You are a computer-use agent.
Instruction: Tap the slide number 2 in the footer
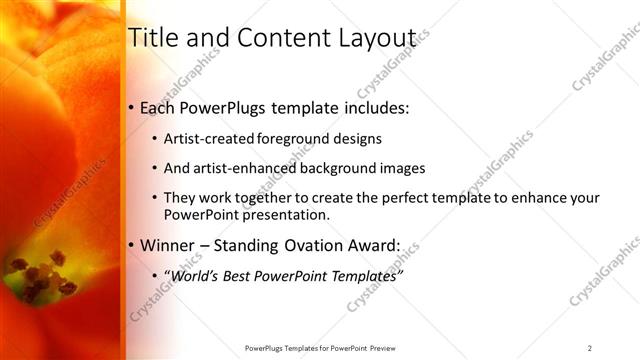[x=589, y=348]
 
